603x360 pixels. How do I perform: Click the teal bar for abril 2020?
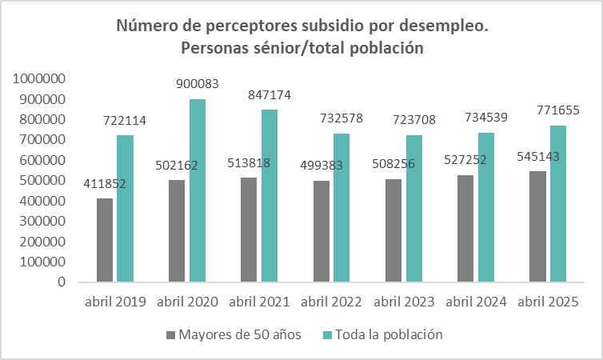tap(197, 190)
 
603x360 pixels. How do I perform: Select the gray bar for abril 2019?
tap(104, 240)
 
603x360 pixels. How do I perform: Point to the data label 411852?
tap(103, 184)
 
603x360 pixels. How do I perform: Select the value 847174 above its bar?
tap(267, 94)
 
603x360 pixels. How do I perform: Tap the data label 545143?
tap(539, 157)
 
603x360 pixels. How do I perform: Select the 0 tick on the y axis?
tap(60, 282)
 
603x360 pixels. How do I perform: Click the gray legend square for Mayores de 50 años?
tap(170, 334)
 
